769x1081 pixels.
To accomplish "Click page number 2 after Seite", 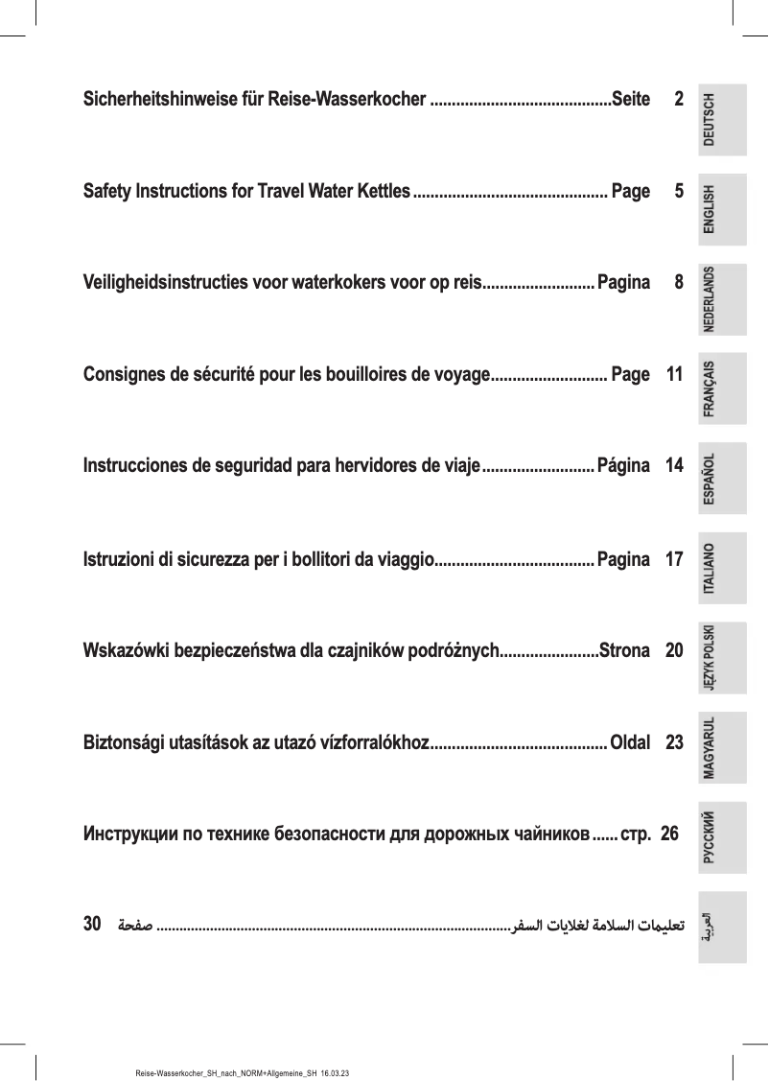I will (678, 99).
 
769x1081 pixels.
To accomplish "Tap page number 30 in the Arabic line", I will (93, 926).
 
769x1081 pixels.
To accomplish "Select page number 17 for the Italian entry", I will (673, 558).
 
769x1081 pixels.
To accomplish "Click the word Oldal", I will (630, 742).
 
